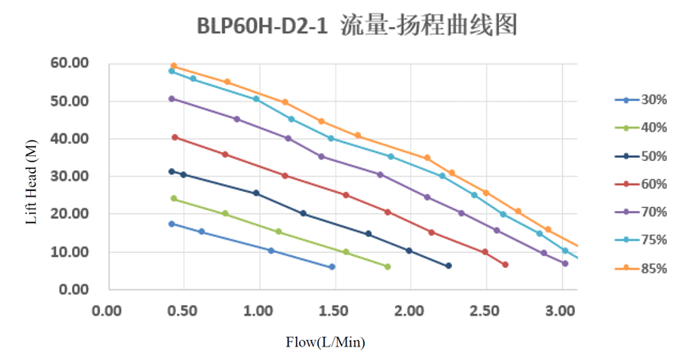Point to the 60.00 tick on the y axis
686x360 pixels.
click(x=68, y=63)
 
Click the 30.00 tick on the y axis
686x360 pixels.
click(x=68, y=177)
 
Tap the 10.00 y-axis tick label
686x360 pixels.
click(x=68, y=252)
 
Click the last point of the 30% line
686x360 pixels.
click(x=332, y=267)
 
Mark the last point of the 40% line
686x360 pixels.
click(x=388, y=266)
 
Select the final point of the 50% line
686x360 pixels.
click(x=448, y=266)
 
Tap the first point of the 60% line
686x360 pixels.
click(x=174, y=137)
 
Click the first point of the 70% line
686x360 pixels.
click(x=172, y=99)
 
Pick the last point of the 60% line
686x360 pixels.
click(x=505, y=265)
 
